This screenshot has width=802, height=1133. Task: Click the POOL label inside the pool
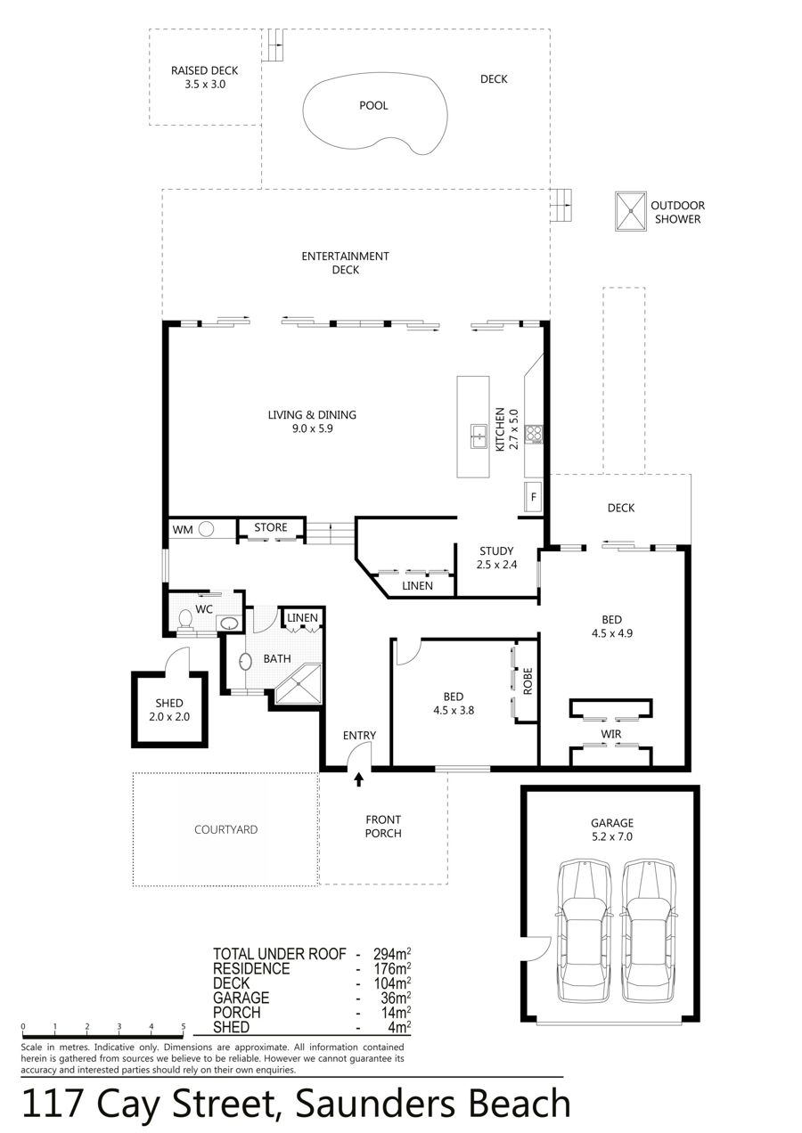tap(373, 106)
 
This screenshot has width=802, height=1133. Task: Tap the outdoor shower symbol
tap(631, 211)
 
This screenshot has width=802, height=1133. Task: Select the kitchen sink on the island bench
tap(479, 436)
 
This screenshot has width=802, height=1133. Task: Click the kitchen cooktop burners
tap(534, 434)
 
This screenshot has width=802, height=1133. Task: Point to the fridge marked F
tap(533, 497)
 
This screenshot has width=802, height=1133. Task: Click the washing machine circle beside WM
tap(206, 529)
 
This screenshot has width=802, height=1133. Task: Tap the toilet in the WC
tap(185, 621)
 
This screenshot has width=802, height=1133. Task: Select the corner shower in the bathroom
tap(299, 684)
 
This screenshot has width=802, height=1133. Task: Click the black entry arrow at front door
tap(359, 779)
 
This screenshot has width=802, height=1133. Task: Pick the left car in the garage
tap(585, 931)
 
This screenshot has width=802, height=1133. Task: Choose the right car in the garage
tap(649, 931)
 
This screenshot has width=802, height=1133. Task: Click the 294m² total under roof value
tap(392, 954)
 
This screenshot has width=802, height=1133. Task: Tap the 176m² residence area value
tap(392, 968)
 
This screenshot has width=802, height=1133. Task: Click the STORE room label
tap(271, 527)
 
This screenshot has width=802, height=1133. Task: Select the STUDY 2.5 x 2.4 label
tap(496, 558)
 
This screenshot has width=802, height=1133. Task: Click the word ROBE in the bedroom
tap(528, 681)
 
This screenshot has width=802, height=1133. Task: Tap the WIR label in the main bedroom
tap(611, 733)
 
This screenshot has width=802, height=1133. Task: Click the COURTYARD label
tap(226, 829)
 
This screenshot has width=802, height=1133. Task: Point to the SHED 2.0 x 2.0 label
tap(169, 710)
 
